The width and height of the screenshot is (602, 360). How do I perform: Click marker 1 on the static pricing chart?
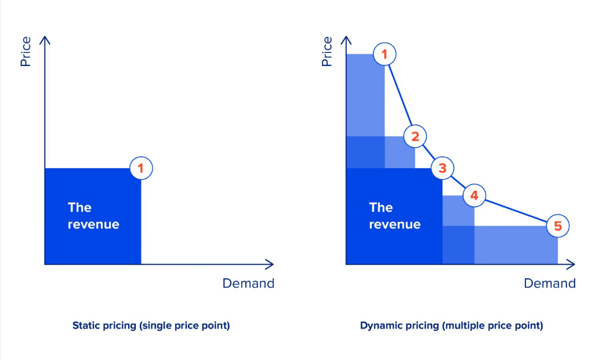pos(141,168)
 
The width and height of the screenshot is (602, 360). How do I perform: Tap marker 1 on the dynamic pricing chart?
pos(385,54)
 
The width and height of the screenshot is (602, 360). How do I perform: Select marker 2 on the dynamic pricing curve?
pos(415,137)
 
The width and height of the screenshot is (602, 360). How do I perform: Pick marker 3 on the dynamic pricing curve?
pos(443,168)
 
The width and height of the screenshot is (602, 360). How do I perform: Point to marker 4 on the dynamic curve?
pos(475,195)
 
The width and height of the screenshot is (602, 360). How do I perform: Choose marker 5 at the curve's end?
pos(558,226)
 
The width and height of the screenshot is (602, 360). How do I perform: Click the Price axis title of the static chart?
pos(25,51)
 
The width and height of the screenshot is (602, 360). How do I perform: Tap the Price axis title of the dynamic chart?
pos(327,51)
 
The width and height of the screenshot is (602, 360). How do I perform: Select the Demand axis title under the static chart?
pos(248,283)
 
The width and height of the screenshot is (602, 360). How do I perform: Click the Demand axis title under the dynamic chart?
pos(550,283)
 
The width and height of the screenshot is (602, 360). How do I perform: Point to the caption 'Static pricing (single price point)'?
pos(151,325)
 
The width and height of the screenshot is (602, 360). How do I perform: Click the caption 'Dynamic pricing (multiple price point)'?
pos(451,325)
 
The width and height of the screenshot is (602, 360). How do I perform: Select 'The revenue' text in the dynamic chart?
pos(395,216)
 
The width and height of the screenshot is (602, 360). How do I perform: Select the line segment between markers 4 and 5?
pos(517,211)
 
